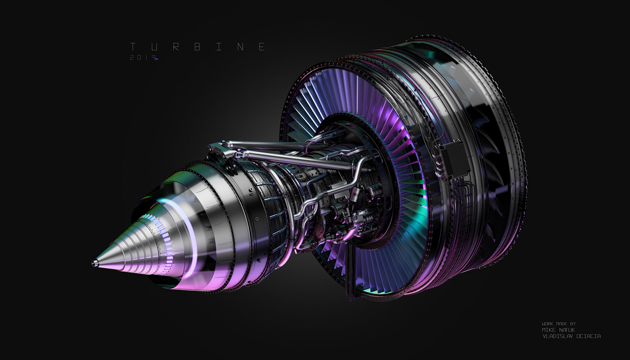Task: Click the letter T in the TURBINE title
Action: point(133,47)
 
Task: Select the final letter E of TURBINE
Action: point(262,47)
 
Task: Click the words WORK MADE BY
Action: point(558,324)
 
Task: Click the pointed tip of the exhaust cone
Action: point(94,263)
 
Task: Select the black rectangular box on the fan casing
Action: point(455,160)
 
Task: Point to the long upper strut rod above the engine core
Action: point(270,145)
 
